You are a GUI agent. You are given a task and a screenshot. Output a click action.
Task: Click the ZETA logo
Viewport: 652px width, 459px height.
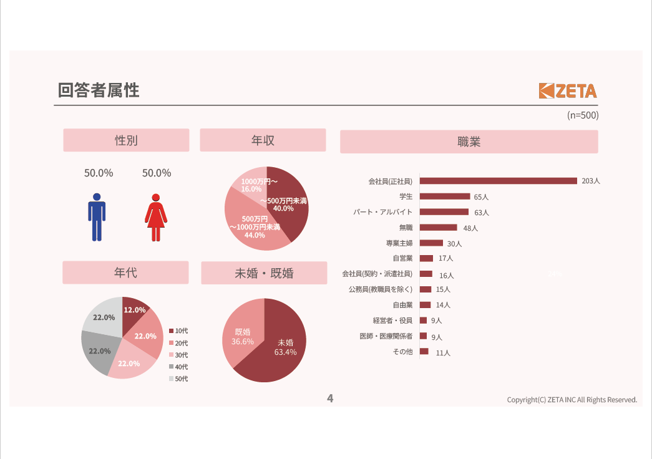coord(568,91)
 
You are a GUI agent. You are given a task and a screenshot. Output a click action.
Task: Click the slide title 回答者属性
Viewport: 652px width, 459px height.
coord(99,90)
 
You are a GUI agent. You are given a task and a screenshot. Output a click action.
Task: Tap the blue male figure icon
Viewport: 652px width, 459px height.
coord(97,217)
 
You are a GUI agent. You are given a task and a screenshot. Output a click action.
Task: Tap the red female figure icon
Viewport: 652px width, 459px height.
coord(156,217)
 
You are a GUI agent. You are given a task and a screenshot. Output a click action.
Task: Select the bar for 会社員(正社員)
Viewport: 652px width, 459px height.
coord(498,181)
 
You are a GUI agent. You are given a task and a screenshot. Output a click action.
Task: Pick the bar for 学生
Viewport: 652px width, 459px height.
coord(444,196)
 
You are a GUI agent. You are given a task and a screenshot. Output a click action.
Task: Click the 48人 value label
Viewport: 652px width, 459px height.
coord(470,228)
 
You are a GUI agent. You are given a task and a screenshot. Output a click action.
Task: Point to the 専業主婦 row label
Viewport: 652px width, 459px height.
coord(399,243)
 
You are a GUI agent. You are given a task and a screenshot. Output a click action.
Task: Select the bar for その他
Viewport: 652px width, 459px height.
coord(424,352)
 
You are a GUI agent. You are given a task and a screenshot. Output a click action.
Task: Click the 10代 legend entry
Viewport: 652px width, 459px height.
coord(178,331)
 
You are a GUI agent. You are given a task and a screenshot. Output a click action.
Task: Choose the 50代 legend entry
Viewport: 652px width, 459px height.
coord(178,379)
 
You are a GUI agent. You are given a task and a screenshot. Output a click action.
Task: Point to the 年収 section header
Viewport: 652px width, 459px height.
coord(263,140)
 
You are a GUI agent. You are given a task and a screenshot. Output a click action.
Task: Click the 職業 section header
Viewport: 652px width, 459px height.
coord(469,142)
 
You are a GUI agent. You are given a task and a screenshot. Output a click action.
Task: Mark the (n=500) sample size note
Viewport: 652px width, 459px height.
coord(582,115)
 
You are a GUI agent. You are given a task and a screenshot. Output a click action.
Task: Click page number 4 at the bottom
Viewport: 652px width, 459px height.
coord(330,399)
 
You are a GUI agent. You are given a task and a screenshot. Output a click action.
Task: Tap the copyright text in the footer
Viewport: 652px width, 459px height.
coord(572,400)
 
